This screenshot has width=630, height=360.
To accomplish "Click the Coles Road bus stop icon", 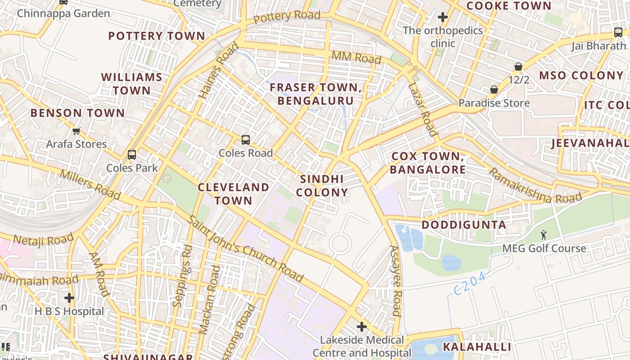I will (245, 139).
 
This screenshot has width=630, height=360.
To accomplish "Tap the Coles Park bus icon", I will (132, 155).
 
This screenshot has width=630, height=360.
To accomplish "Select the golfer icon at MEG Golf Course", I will (544, 235).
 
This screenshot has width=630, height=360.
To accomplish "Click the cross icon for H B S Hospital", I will (69, 298).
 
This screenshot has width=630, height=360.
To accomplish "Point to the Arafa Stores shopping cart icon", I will (76, 131).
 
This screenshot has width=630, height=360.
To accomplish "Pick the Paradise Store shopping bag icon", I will (494, 90).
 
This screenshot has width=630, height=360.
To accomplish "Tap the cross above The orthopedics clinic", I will (443, 18).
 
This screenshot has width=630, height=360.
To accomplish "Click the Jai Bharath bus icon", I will (618, 32).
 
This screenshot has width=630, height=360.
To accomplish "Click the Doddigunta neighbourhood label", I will (464, 225).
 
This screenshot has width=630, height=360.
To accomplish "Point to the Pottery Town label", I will (157, 36).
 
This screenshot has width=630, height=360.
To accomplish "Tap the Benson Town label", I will (77, 113).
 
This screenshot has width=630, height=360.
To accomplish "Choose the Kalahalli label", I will (477, 347).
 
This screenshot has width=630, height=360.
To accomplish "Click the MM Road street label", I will (356, 57).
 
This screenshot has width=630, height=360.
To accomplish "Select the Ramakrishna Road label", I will (535, 186).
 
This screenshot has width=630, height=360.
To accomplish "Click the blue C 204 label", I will (469, 284).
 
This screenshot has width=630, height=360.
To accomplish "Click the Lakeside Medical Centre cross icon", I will (362, 326).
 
